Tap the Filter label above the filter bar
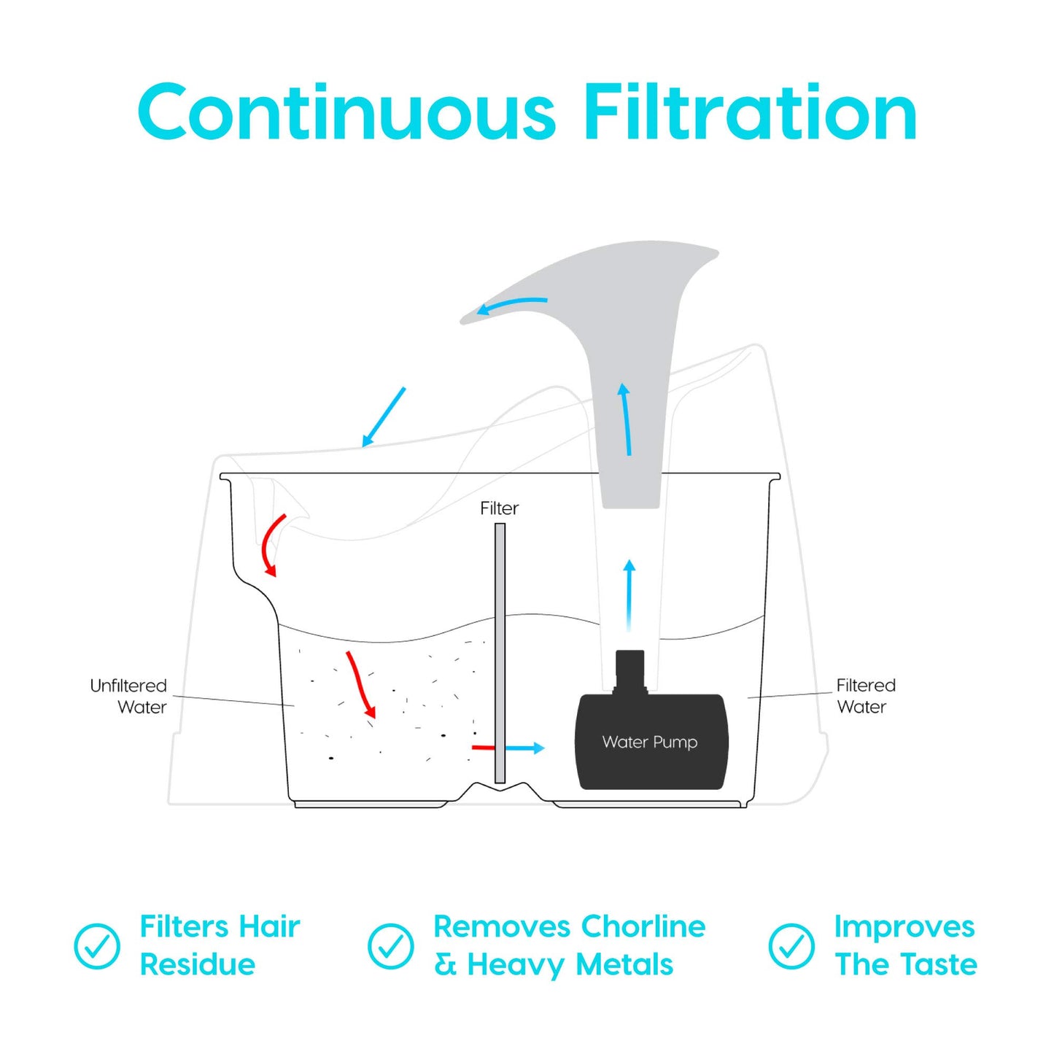click(x=499, y=508)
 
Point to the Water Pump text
click(x=650, y=742)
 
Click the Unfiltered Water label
click(x=128, y=696)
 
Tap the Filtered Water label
click(x=865, y=696)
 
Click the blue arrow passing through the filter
click(x=524, y=748)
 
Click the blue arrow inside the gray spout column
click(x=626, y=419)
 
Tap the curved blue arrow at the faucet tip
click(x=511, y=304)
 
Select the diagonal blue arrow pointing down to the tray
click(x=384, y=416)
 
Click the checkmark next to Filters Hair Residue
click(x=97, y=946)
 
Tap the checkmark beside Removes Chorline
click(x=391, y=946)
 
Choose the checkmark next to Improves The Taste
click(x=791, y=946)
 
